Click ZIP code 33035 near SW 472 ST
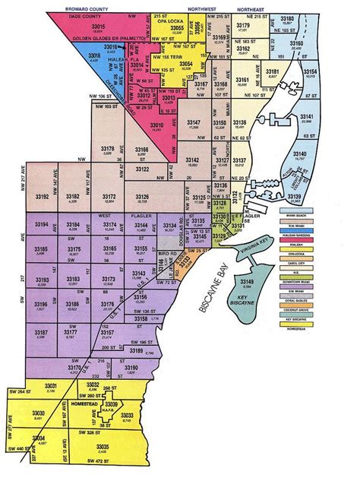pos(103,447)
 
